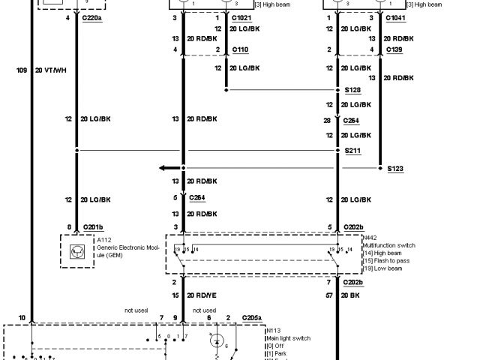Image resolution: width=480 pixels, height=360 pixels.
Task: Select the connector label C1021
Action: click(242, 16)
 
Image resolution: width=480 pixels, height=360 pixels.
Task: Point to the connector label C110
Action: click(240, 49)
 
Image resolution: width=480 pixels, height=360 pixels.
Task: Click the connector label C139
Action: click(395, 49)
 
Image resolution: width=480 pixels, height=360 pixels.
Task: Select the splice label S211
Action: click(352, 151)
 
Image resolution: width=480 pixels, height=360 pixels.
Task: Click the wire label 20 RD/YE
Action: click(202, 296)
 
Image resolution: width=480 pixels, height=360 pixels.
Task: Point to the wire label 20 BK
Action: click(351, 296)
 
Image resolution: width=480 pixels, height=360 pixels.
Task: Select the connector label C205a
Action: click(253, 318)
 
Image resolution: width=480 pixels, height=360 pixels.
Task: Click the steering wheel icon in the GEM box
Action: click(76, 251)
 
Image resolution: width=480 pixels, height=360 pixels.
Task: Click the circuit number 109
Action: click(22, 70)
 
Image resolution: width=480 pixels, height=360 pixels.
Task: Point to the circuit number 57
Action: click(328, 296)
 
